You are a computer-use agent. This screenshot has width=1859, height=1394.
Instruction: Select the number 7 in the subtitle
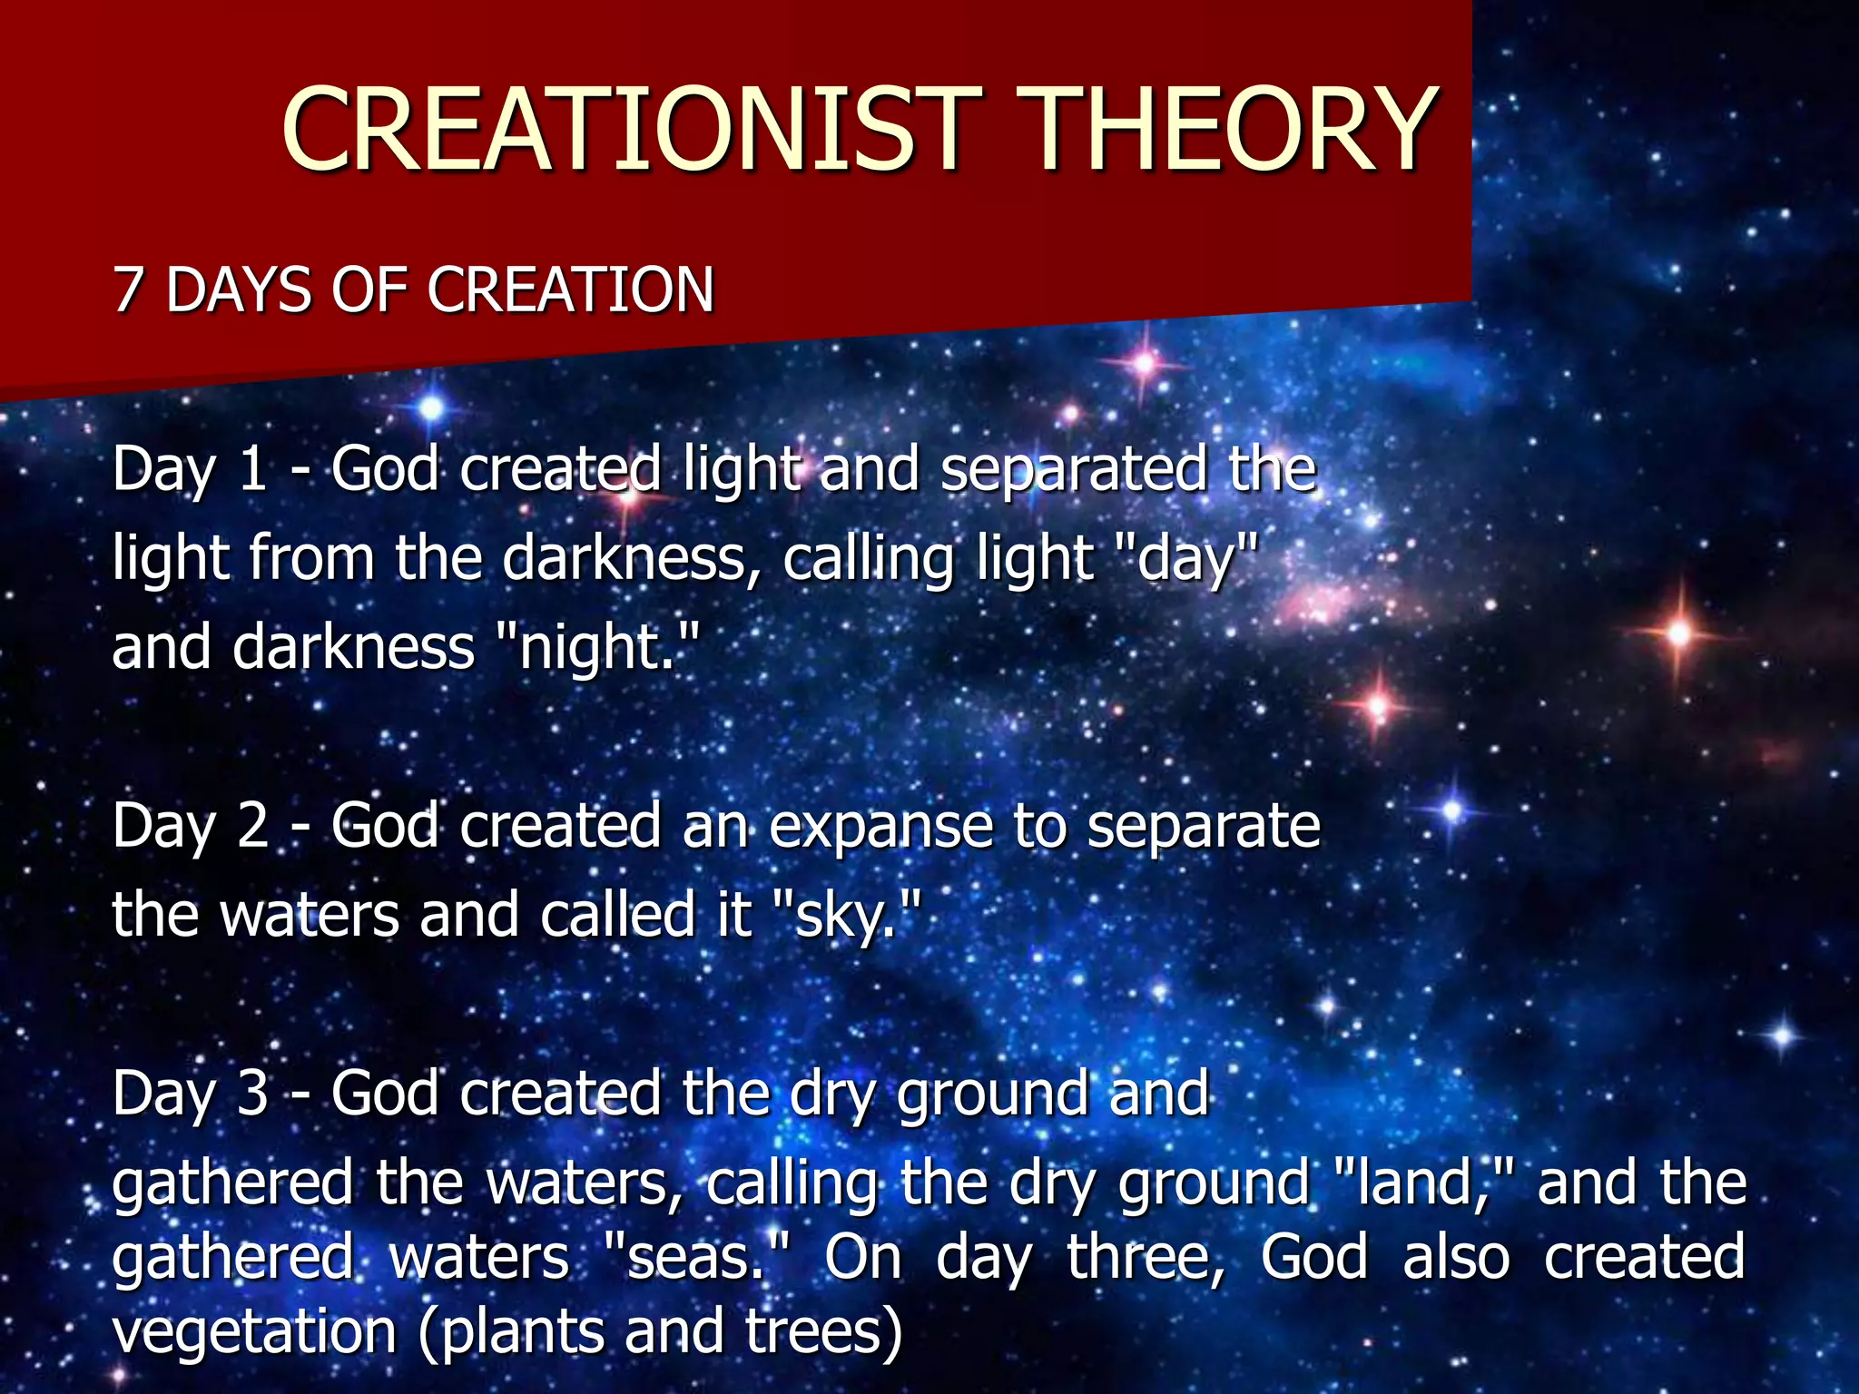click(129, 291)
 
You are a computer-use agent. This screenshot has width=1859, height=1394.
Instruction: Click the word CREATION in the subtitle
click(571, 291)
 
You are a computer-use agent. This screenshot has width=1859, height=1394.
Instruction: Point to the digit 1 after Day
click(252, 470)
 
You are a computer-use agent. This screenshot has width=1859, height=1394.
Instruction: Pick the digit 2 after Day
click(253, 827)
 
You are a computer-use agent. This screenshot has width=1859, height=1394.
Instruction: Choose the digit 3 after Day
click(253, 1094)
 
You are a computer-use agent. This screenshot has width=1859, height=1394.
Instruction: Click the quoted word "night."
click(600, 649)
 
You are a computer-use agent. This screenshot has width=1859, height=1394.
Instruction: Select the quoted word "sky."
click(850, 915)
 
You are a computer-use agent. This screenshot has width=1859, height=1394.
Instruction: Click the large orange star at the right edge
click(1679, 633)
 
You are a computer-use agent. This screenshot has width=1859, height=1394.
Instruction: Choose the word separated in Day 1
click(1073, 470)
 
